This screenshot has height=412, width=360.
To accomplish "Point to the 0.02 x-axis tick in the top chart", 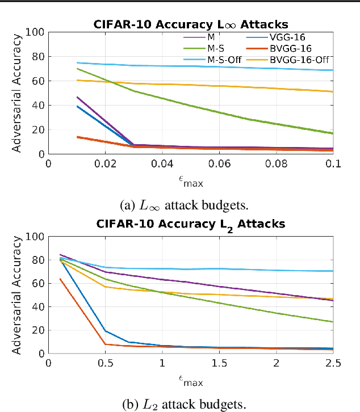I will point(105,163).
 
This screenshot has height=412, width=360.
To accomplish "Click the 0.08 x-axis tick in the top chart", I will point(276,163).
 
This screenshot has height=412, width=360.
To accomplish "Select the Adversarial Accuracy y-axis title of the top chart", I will point(18,94).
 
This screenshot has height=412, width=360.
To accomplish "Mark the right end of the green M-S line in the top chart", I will point(333,133).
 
